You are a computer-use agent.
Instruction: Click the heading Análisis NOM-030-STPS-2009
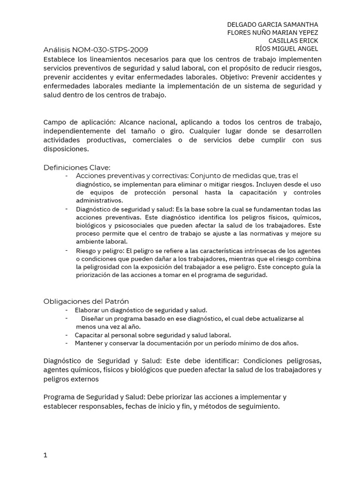tap(96, 50)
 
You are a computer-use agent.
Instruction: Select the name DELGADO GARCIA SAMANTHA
tap(272, 24)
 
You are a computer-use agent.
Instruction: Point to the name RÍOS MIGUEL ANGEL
tap(286, 49)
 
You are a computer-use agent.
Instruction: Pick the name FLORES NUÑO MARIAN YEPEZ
tap(272, 33)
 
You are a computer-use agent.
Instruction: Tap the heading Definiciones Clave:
tap(76, 167)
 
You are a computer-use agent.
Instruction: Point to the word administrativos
tap(100, 201)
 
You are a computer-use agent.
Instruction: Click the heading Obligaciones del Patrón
tap(86, 301)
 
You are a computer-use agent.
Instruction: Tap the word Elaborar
tap(87, 310)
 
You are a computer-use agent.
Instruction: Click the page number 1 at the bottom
tap(45, 442)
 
